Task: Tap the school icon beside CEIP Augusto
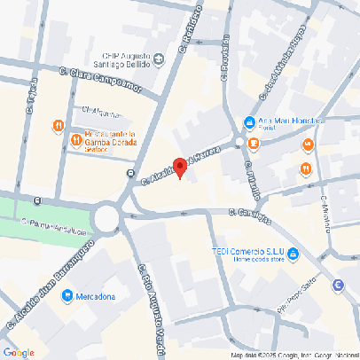click(x=159, y=60)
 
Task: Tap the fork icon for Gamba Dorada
click(x=58, y=126)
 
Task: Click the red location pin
click(x=180, y=166)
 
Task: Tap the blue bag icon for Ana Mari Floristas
click(x=251, y=122)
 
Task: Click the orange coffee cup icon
click(x=309, y=144)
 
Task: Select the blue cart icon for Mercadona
click(x=67, y=296)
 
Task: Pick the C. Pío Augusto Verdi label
click(x=146, y=294)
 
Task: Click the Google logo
click(x=19, y=352)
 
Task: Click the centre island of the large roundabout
click(x=108, y=217)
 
